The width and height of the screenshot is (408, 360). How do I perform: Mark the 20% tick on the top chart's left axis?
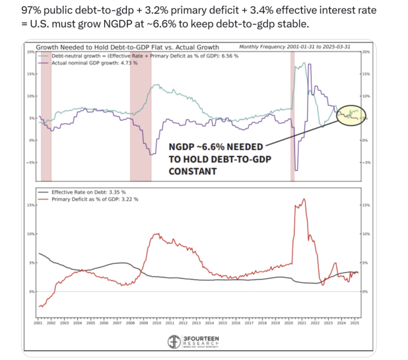tap(31, 52)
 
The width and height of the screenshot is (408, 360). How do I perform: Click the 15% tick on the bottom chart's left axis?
tap(31, 205)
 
